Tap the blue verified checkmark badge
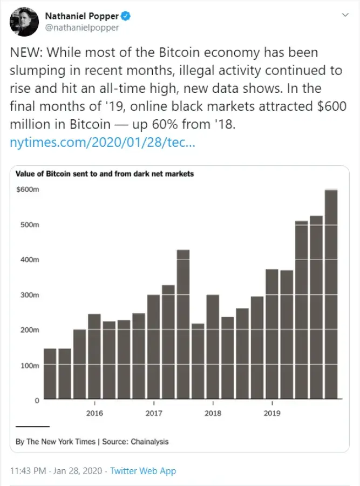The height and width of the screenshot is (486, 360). coord(126,16)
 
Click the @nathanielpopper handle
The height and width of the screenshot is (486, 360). coord(81,28)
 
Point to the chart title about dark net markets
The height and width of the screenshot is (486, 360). coord(105,174)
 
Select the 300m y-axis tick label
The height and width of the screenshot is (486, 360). coord(29,295)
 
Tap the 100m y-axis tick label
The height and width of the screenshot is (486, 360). coord(29,366)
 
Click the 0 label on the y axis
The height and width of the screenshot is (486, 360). coord(37,400)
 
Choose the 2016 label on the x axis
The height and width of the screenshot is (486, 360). coord(94,414)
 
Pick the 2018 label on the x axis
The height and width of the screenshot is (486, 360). coord(213,414)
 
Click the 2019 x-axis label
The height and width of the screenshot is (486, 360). coord(272,414)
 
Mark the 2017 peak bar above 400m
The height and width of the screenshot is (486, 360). coord(183,324)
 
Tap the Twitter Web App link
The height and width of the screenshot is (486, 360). coord(143,471)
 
